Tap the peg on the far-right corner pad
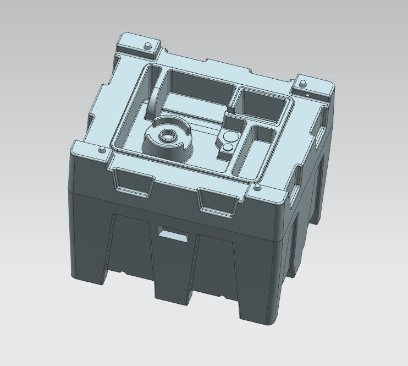[301, 83]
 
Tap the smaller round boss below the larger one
[226, 147]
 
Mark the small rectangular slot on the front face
[173, 233]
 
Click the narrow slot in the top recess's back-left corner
[154, 94]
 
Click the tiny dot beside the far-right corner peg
[306, 94]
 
